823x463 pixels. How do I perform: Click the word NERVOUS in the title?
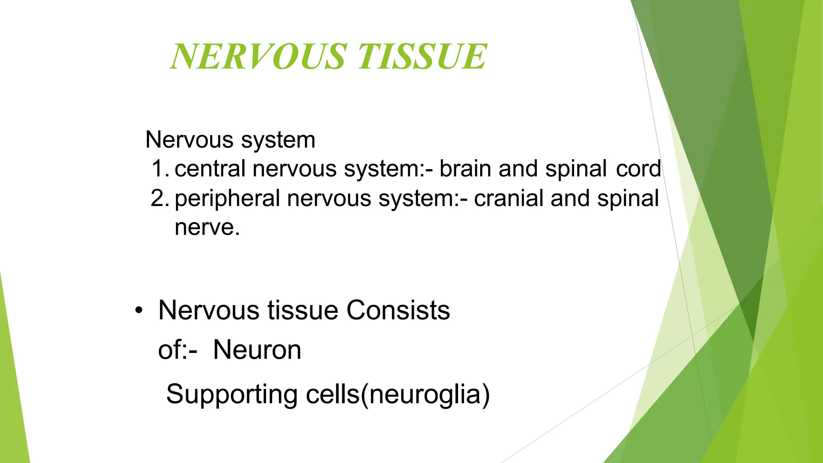258,57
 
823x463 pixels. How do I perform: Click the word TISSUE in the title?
422,57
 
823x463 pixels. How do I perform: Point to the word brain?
465,168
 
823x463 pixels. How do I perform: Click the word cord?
639,168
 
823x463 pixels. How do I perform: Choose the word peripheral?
227,199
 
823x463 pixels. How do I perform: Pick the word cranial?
508,198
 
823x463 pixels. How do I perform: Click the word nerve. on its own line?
207,227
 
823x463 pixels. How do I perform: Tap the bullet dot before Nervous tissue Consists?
139,311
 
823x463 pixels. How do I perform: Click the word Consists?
398,311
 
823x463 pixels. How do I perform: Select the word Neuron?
257,350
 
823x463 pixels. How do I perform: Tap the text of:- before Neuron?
177,350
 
